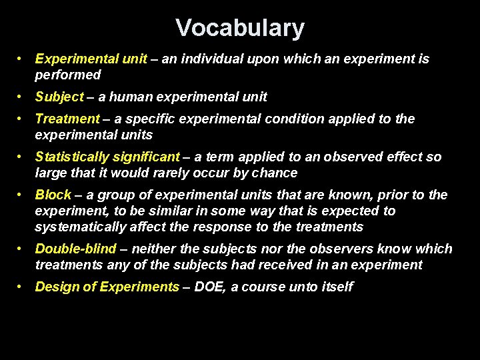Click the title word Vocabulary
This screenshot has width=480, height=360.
tap(240, 28)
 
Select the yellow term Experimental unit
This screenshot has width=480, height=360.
tap(91, 59)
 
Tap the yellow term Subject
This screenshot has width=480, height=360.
tap(59, 97)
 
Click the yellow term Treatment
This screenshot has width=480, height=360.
tap(67, 119)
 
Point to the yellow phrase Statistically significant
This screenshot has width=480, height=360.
tap(107, 157)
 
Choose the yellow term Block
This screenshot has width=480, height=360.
tap(53, 195)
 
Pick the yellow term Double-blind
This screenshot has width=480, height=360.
tap(75, 249)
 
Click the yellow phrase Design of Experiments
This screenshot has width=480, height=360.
tap(107, 287)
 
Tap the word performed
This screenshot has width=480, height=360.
tap(67, 75)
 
